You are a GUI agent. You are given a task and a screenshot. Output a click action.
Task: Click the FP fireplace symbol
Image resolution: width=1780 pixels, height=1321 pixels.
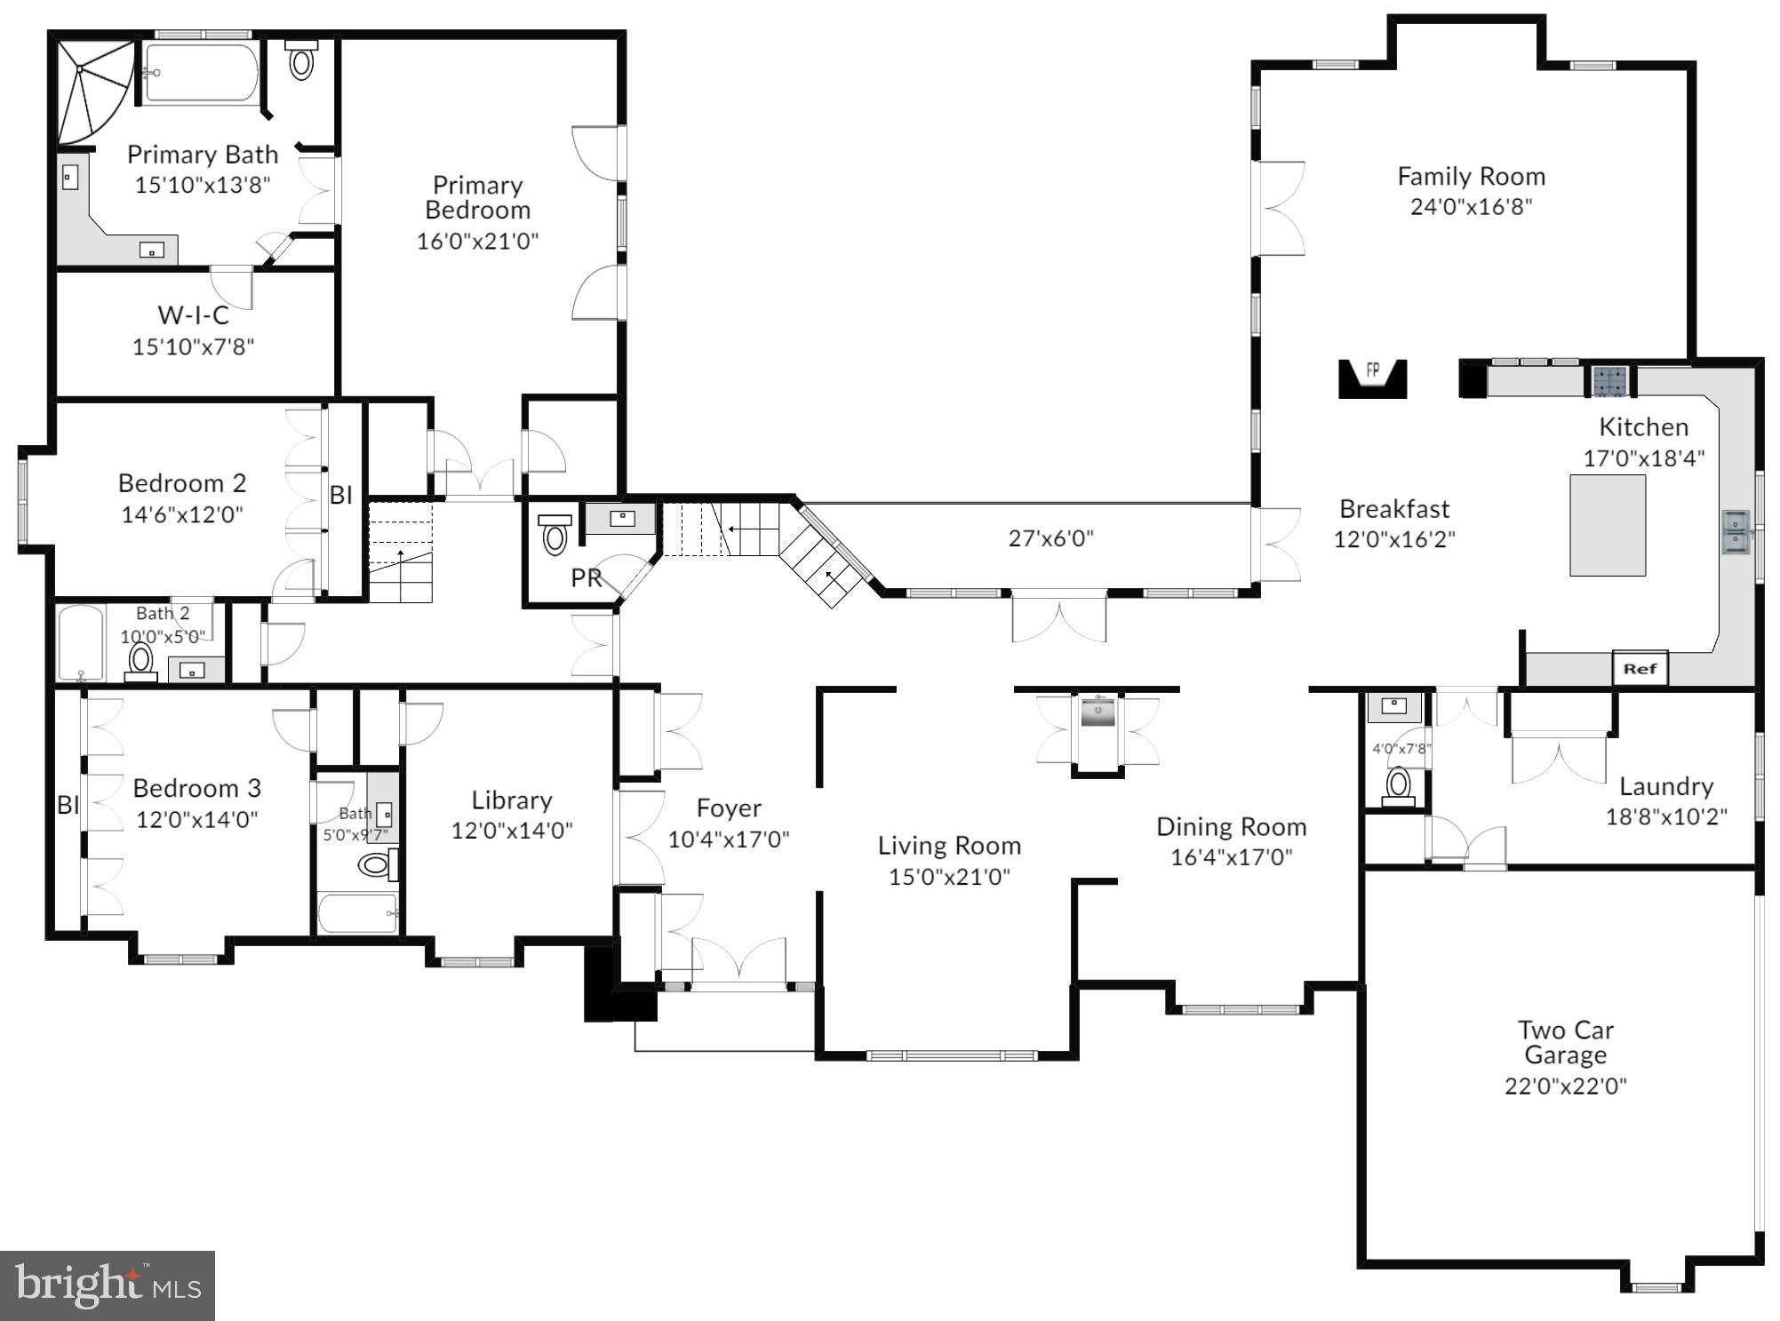pyautogui.click(x=1372, y=377)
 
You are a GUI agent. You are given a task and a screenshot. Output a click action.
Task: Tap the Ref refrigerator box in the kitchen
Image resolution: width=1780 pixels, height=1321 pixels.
pyautogui.click(x=1640, y=669)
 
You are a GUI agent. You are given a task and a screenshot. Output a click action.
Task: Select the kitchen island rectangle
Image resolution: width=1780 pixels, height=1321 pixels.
pyautogui.click(x=1607, y=525)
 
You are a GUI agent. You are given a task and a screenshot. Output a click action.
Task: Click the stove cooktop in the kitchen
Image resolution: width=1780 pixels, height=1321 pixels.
pyautogui.click(x=1609, y=381)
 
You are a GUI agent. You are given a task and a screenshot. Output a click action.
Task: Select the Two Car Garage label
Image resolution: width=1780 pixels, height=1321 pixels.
pyautogui.click(x=1565, y=1042)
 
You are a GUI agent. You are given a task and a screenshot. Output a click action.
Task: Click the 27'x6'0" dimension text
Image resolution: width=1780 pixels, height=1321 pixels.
pyautogui.click(x=1050, y=538)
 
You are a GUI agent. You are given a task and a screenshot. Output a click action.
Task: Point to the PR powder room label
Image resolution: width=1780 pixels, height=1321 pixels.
pyautogui.click(x=586, y=578)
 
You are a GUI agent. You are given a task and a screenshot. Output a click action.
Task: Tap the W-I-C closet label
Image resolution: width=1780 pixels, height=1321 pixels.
pyautogui.click(x=193, y=315)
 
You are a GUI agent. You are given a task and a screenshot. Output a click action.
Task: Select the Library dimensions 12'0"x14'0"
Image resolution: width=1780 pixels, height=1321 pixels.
pyautogui.click(x=511, y=831)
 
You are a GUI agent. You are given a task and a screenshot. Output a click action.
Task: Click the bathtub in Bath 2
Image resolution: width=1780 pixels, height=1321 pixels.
pyautogui.click(x=80, y=641)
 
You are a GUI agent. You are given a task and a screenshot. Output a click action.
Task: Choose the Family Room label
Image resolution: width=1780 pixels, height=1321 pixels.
pyautogui.click(x=1471, y=177)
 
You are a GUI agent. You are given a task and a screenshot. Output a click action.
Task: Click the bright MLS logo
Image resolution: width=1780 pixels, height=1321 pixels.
pyautogui.click(x=107, y=1285)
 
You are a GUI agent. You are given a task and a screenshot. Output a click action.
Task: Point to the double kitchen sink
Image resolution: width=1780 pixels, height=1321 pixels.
pyautogui.click(x=1735, y=531)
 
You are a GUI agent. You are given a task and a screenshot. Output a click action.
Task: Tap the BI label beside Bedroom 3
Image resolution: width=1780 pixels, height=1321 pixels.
pyautogui.click(x=68, y=805)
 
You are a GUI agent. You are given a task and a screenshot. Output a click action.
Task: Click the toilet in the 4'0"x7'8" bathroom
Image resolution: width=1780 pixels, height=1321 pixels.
pyautogui.click(x=1399, y=786)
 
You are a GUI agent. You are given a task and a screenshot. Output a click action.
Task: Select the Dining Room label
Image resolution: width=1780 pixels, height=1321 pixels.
pyautogui.click(x=1231, y=827)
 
